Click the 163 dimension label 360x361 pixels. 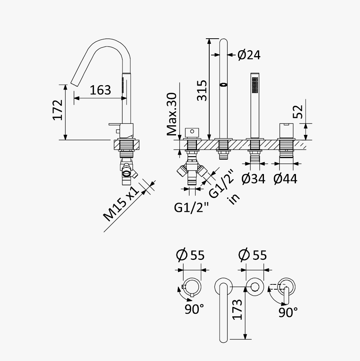click(100, 90)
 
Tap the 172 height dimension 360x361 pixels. click(58, 110)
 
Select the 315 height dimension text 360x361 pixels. click(202, 90)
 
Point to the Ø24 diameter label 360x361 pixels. click(249, 55)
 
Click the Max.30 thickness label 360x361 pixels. click(172, 114)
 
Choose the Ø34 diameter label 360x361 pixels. click(254, 179)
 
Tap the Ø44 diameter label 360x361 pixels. click(285, 179)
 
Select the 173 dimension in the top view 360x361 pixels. click(237, 310)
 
